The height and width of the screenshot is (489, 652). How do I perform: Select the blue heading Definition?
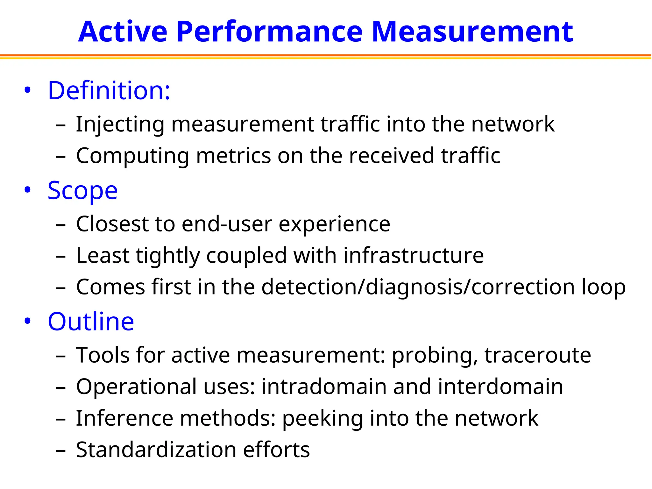pos(109,91)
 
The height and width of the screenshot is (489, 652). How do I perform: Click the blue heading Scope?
pos(83,191)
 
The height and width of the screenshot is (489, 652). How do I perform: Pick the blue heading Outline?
pos(91,322)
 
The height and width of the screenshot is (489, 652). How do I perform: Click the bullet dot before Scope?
pos(28,190)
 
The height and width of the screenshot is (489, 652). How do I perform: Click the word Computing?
pos(133,156)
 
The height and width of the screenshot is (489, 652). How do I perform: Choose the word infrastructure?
pos(414,256)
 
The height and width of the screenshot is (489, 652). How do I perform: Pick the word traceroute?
pos(538,355)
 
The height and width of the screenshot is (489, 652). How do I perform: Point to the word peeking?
pos(322,419)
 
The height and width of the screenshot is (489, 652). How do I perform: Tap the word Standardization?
pos(156,450)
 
